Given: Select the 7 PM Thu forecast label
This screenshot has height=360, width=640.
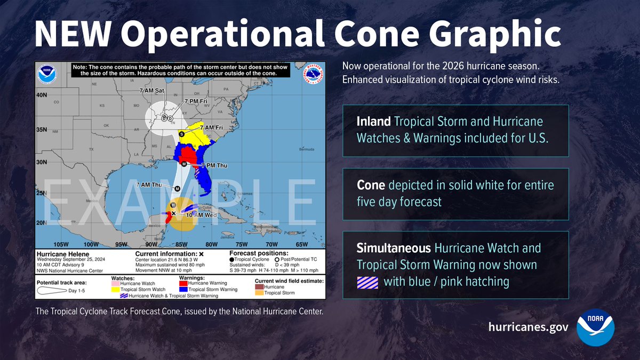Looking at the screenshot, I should coord(212,167).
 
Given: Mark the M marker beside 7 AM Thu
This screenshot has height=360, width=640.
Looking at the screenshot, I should coord(177,188).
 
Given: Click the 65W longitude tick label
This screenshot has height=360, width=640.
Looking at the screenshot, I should coord(302,245).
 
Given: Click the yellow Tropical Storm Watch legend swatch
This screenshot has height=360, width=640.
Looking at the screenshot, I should coord(115,290).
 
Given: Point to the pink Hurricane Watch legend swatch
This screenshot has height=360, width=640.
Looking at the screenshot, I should coord(115,283).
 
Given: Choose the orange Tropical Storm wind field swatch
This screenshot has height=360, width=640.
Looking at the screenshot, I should coord(259,293).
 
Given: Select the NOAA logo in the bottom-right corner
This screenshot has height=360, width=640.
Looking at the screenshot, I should coord(596,327).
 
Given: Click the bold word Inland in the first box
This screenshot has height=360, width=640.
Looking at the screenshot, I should coord(373,122).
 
